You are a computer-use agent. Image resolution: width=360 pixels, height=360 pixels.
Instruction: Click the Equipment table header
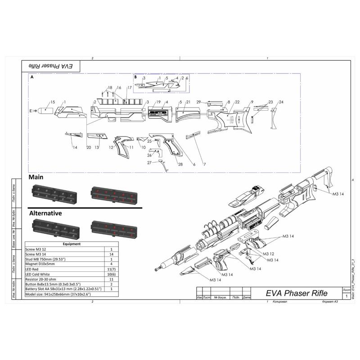point(72,244)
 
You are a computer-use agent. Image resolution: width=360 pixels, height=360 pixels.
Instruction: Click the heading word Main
point(36,177)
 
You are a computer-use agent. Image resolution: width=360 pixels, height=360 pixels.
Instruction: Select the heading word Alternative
point(45,212)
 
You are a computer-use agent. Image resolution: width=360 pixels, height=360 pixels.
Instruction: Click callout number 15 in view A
point(53,103)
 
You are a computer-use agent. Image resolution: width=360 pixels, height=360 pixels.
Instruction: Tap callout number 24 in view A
point(281,102)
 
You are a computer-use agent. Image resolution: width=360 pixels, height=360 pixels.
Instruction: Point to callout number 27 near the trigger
point(149,162)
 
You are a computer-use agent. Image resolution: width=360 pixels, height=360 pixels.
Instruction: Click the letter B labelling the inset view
point(135,77)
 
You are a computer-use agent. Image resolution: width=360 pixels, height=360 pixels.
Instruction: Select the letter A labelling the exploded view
point(32,77)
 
